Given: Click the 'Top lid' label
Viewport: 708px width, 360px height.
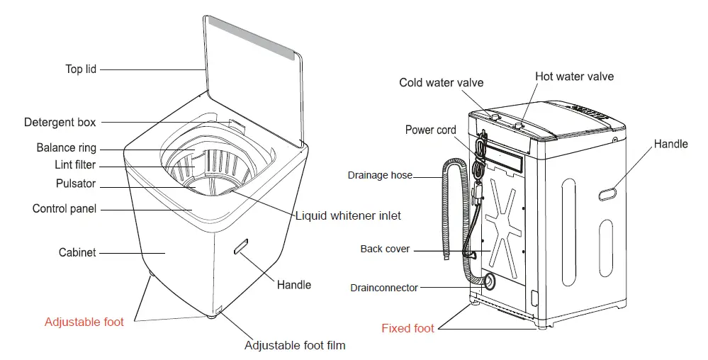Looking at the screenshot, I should [80, 69].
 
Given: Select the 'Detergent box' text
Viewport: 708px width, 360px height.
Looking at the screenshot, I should [60, 122].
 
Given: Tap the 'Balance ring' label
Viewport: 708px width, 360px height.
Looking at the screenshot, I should [66, 148].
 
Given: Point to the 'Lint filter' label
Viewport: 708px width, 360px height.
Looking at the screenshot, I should [75, 165].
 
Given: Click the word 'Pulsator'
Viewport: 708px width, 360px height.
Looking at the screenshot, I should [75, 184].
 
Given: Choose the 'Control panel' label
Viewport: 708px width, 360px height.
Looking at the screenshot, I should [64, 208].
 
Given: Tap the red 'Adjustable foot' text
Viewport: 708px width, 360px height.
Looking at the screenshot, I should [84, 322].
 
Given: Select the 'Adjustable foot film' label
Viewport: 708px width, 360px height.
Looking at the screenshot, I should [294, 346].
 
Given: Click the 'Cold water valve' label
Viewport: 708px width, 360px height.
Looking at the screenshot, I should [441, 83].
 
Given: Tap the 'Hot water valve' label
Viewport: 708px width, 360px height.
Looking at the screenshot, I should [574, 76].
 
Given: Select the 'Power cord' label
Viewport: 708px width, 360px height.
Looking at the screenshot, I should [430, 130].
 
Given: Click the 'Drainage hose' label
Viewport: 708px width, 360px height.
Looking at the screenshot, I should [380, 175].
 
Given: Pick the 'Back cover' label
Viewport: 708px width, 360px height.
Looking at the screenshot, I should [385, 249].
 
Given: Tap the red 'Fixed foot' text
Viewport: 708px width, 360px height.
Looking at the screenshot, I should [408, 328].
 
